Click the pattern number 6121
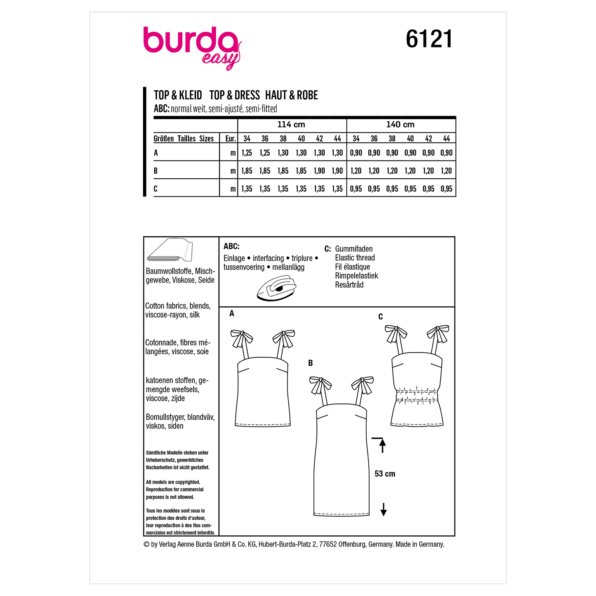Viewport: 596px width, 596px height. point(429,39)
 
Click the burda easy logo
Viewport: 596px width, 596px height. point(192,47)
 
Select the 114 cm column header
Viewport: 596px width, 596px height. point(291,125)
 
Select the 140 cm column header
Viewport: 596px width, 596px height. point(400,125)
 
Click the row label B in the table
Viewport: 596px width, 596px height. point(155,171)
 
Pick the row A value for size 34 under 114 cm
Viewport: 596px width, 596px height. point(247,153)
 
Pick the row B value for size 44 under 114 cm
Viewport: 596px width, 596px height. point(337,171)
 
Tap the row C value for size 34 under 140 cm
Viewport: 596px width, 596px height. point(356,189)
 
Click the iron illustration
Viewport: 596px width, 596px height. point(277,288)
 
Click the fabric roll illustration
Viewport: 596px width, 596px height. point(170,250)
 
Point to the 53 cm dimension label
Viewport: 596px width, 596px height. point(385,474)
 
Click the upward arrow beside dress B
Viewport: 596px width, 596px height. point(382,445)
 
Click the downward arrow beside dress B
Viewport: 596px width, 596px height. point(384,510)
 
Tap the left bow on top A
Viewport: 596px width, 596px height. point(242,338)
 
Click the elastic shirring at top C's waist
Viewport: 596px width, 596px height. point(417,395)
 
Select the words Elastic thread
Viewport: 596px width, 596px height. point(355,258)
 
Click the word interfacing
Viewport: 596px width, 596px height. point(268,258)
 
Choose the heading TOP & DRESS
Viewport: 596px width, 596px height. point(234,95)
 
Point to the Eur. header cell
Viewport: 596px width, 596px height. point(230,139)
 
